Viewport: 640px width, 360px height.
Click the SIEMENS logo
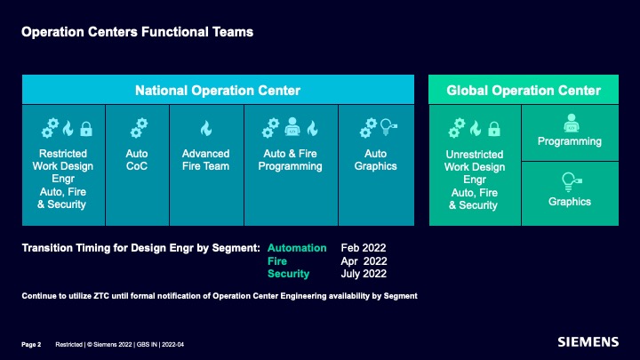pos(588,342)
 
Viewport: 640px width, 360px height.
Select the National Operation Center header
pos(218,90)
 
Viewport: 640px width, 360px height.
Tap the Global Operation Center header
pos(524,90)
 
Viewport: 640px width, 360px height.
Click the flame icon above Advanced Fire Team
pos(206,128)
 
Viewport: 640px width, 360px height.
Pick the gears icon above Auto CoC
pos(139,128)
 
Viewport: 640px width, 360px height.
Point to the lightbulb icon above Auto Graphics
pos(388,127)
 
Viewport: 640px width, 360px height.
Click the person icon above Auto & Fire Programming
pos(292,126)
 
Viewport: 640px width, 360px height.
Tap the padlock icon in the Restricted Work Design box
pos(85,129)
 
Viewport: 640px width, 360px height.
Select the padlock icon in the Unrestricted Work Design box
pos(494,129)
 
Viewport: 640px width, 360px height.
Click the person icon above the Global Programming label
pos(571,123)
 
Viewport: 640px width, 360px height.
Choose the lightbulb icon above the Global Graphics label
pos(572,182)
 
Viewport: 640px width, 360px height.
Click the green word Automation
pos(297,248)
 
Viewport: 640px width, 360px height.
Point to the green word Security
pos(288,274)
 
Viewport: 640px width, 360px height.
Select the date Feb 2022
pos(364,248)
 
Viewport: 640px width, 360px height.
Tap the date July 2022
pos(364,274)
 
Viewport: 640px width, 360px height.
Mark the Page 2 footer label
pos(31,345)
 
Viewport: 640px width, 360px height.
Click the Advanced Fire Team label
pos(205,160)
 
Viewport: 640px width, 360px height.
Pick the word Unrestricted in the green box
pos(475,155)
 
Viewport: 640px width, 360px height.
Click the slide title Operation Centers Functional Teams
pos(137,32)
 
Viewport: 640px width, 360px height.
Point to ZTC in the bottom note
pos(101,296)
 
